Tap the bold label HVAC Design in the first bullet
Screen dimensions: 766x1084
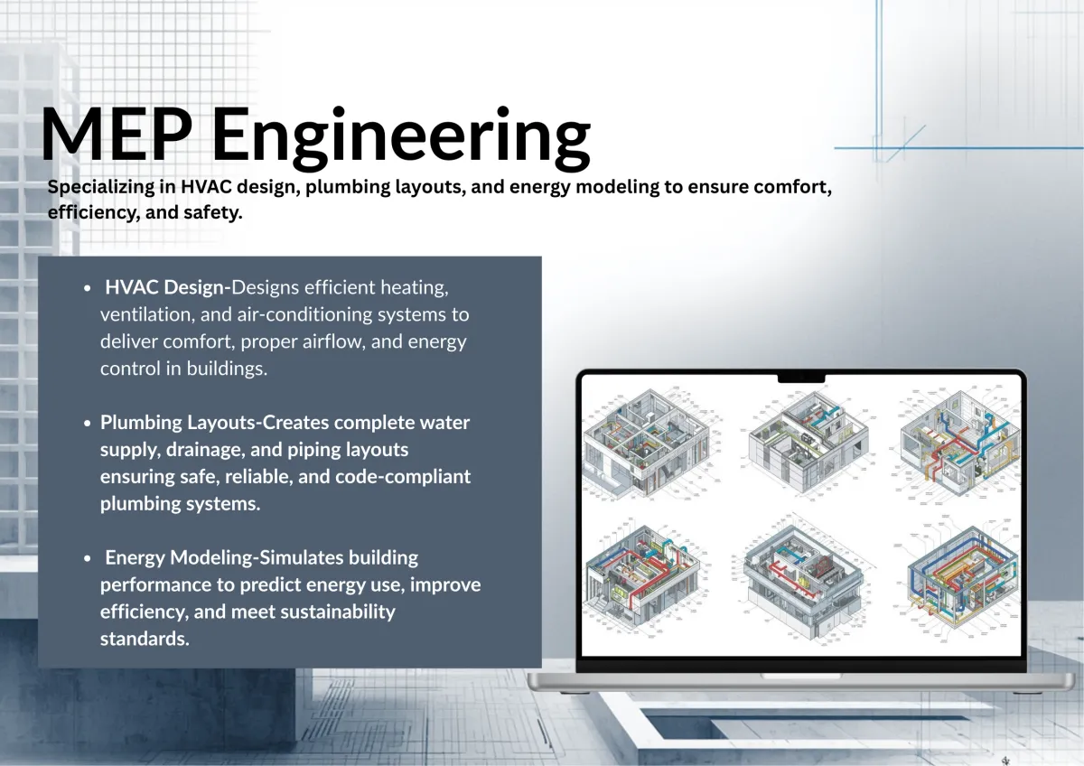click(x=164, y=288)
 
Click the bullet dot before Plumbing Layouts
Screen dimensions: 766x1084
click(x=87, y=424)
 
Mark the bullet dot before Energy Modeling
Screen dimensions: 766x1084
click(x=87, y=559)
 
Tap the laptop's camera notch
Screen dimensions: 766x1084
click(x=800, y=377)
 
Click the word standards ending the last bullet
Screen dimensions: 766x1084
click(x=144, y=639)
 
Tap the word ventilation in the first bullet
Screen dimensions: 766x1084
click(x=145, y=315)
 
